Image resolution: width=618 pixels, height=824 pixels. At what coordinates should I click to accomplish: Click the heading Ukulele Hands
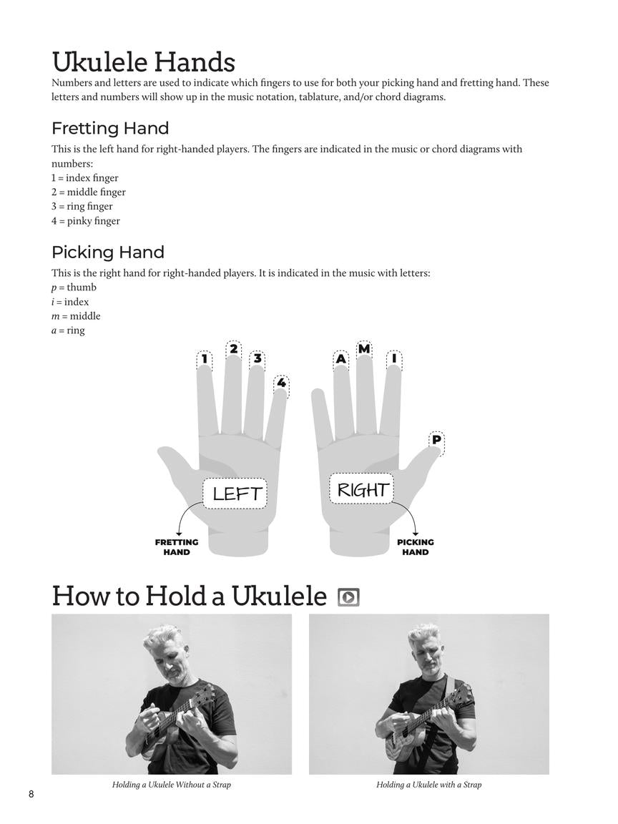(x=143, y=62)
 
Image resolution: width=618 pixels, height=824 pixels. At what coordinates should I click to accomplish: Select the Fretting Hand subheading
(x=110, y=129)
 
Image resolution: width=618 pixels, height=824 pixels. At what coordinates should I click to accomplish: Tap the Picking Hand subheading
(x=108, y=252)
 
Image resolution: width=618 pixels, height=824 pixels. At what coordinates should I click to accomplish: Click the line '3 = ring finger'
(x=82, y=207)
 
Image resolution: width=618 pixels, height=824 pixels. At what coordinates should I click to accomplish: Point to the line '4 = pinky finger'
(x=85, y=221)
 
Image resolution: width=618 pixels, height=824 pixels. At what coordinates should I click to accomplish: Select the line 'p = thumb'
(x=74, y=288)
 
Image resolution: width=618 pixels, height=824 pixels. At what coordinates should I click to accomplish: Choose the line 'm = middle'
(x=76, y=316)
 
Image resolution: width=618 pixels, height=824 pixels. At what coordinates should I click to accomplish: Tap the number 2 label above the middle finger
(x=234, y=349)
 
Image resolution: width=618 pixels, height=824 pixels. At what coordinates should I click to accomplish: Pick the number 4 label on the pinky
(x=282, y=383)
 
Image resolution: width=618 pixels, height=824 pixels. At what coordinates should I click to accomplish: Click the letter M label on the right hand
(x=364, y=349)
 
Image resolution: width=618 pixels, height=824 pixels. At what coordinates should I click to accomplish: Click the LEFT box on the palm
(x=235, y=494)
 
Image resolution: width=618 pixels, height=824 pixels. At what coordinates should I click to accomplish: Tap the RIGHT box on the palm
(x=362, y=490)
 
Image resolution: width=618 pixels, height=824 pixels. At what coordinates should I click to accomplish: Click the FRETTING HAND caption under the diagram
(x=177, y=547)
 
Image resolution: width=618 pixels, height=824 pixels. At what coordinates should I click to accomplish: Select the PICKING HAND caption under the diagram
(x=416, y=547)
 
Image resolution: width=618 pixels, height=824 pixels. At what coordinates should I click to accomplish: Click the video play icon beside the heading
(x=348, y=597)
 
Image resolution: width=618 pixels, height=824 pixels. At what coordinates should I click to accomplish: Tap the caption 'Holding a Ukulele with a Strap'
(x=428, y=785)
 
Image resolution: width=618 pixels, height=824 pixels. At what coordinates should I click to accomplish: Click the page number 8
(x=31, y=795)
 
